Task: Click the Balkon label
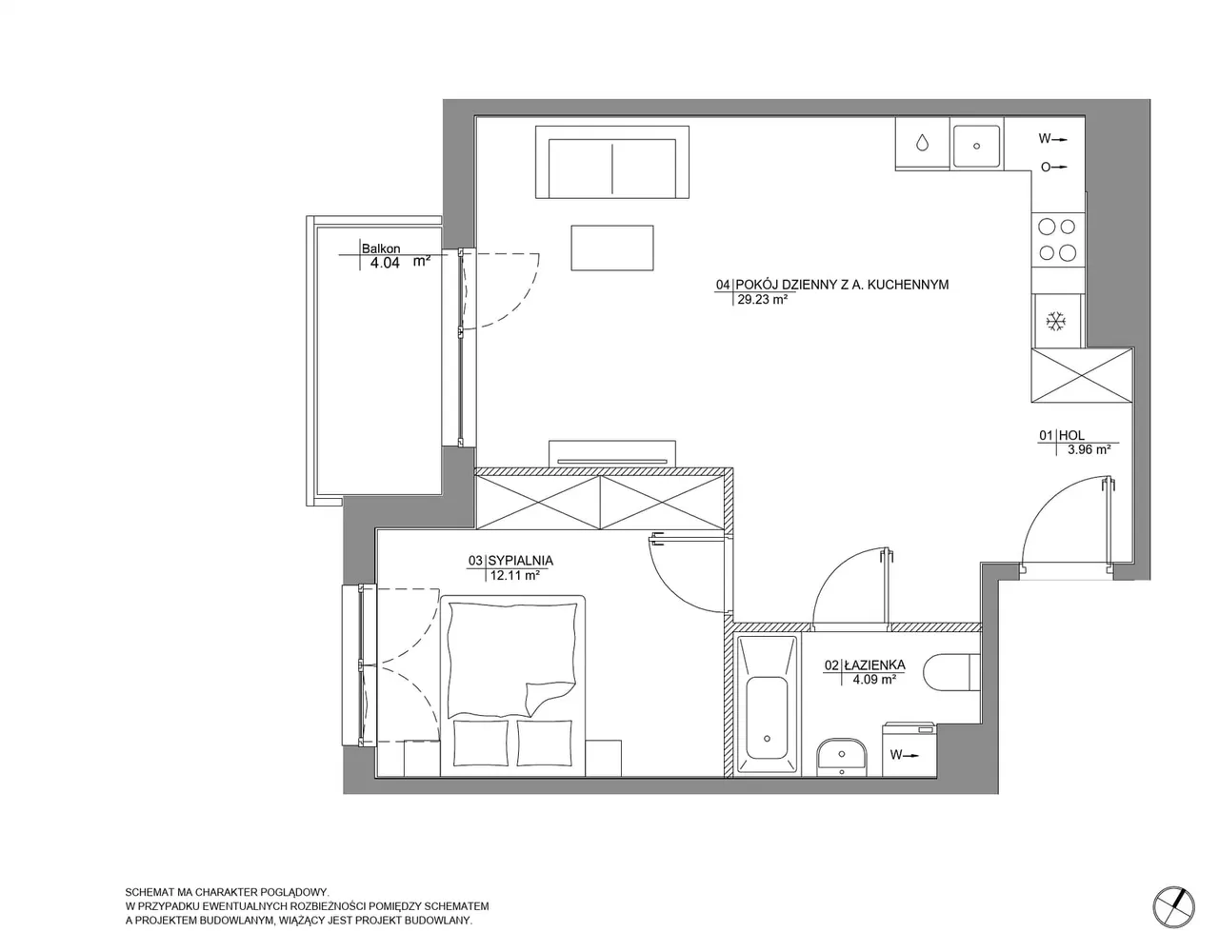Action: pyautogui.click(x=381, y=248)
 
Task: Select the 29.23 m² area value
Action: pyautogui.click(x=763, y=299)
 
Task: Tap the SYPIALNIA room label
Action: pyautogui.click(x=521, y=560)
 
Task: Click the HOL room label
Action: pyautogui.click(x=1070, y=435)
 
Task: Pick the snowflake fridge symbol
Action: pyautogui.click(x=1056, y=322)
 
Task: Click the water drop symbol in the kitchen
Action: pyautogui.click(x=922, y=143)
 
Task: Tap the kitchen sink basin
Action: pyautogui.click(x=977, y=146)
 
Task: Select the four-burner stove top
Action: pyautogui.click(x=1057, y=240)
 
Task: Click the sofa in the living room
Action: pyautogui.click(x=612, y=162)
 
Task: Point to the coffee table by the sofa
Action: pyautogui.click(x=612, y=248)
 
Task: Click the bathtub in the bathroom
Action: pyautogui.click(x=767, y=705)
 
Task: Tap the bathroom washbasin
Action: pyautogui.click(x=842, y=757)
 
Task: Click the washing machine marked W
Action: pyautogui.click(x=909, y=749)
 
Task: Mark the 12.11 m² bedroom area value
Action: pyautogui.click(x=515, y=575)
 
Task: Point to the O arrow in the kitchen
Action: pyautogui.click(x=1054, y=168)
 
